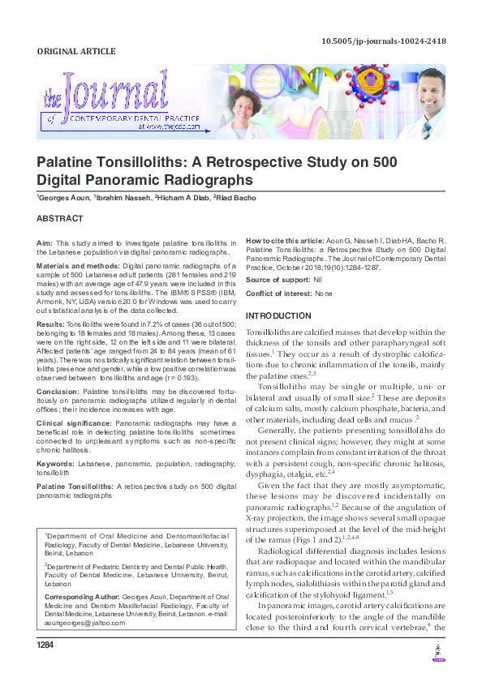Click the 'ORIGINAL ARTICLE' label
(x=76, y=52)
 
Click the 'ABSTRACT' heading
(x=60, y=219)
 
